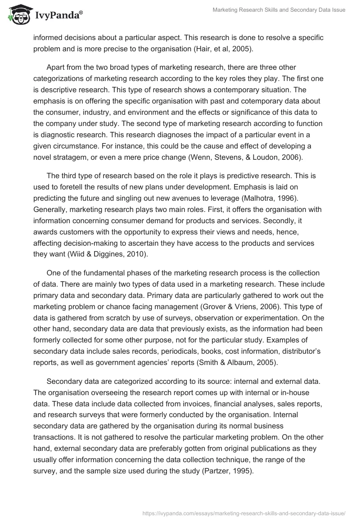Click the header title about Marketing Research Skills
(279, 10)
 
